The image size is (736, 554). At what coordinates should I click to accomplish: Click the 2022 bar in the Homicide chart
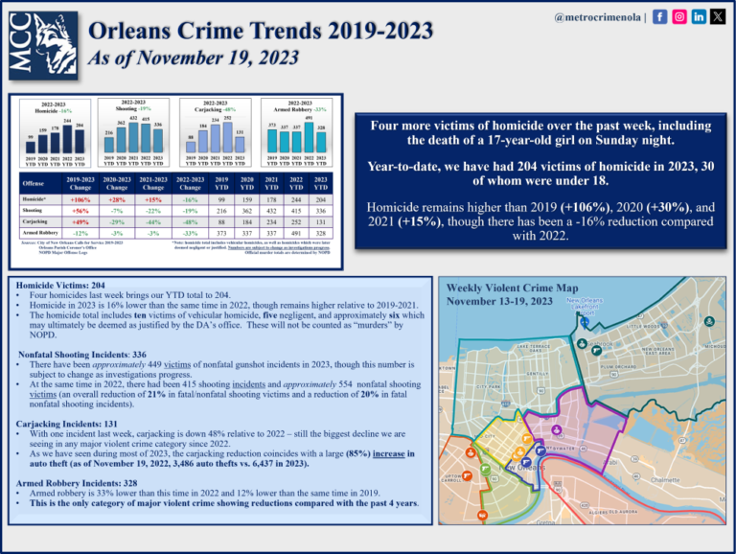pos(68,135)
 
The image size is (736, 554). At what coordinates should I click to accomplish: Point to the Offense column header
pos(34,183)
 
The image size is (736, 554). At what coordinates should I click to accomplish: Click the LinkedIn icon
pos(699,17)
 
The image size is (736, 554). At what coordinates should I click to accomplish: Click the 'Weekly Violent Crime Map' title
pos(513,288)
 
